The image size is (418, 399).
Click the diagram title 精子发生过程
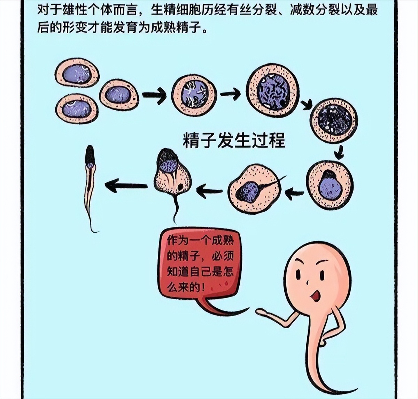234,141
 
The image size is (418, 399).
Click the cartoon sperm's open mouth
316,296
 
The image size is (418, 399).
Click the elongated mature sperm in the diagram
90,181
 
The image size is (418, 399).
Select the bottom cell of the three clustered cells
77,109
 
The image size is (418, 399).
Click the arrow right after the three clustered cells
154,95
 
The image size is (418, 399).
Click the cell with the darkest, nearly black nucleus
334,120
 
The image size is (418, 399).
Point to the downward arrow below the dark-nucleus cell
339,152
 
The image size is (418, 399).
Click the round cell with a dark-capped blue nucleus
330,185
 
